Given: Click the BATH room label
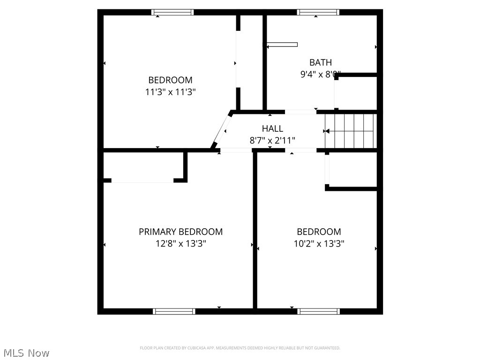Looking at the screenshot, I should [320, 62].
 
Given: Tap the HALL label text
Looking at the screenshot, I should [272, 128].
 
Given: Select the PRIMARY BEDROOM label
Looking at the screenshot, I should [180, 232].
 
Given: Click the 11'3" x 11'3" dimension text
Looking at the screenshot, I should [170, 92].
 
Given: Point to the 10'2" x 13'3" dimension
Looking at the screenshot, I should [319, 244].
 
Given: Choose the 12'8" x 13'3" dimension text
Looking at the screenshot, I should [180, 244].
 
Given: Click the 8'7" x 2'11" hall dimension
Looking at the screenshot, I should [272, 140].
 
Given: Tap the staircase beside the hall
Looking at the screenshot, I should [351, 131].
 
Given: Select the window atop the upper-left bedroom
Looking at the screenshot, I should [172, 13].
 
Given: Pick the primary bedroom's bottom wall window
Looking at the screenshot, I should [174, 311].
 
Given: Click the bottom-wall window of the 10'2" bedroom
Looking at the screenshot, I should [319, 311].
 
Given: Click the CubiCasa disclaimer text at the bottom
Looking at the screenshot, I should [240, 348].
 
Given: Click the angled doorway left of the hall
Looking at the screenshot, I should [221, 131].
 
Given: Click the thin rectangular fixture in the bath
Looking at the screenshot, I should [282, 45].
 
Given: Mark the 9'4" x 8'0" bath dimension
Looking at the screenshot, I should [320, 74].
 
